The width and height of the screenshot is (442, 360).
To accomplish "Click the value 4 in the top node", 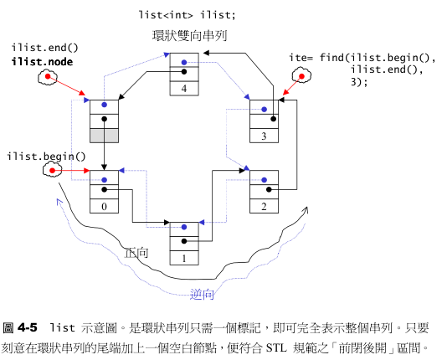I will [x=184, y=88].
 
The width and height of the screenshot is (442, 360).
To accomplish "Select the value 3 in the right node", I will [x=264, y=136].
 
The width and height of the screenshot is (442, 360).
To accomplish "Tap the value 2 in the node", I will [x=264, y=206].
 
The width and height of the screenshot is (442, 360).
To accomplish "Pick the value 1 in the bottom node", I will [x=184, y=257].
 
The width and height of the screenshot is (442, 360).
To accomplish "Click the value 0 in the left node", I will [x=104, y=206].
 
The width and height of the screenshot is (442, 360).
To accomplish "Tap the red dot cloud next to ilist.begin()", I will [x=52, y=171].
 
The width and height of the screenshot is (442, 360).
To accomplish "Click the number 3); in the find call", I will [x=360, y=81].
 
